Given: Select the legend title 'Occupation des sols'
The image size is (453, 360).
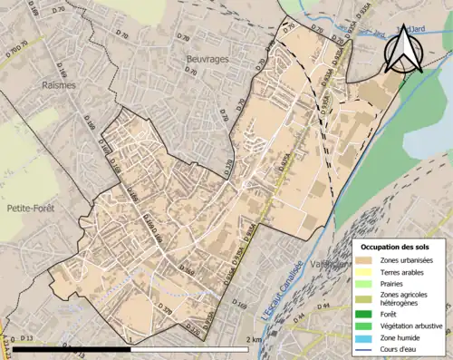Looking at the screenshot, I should [395, 247].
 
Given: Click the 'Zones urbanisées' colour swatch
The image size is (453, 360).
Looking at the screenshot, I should [367, 260].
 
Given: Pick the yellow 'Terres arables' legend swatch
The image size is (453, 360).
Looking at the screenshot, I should [367, 271].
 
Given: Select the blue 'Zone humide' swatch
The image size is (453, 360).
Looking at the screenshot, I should [367, 336].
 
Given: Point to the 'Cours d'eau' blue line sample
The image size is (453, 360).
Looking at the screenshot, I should [367, 347].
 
